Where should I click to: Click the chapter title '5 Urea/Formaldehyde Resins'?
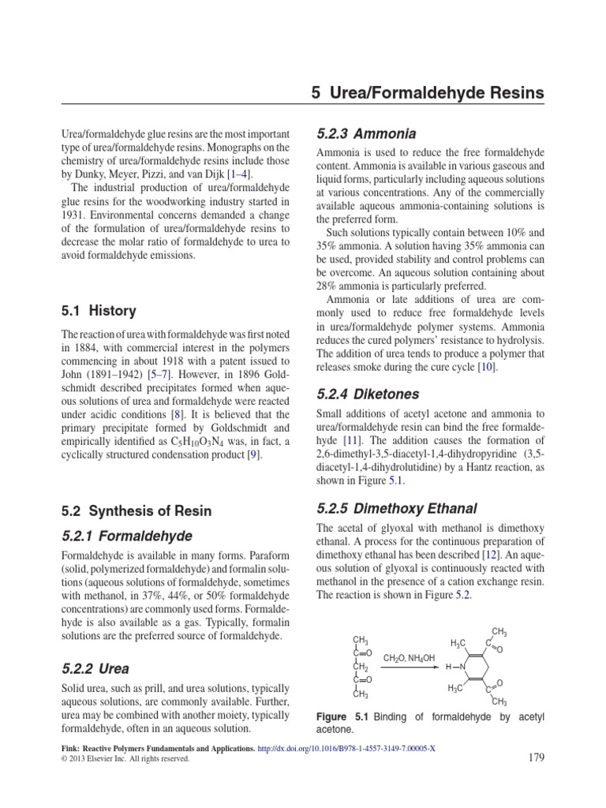pos(427,93)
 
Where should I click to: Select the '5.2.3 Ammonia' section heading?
pos(365,133)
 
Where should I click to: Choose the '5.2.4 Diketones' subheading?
pos(367,393)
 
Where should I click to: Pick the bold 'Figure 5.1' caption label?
pos(339,716)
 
